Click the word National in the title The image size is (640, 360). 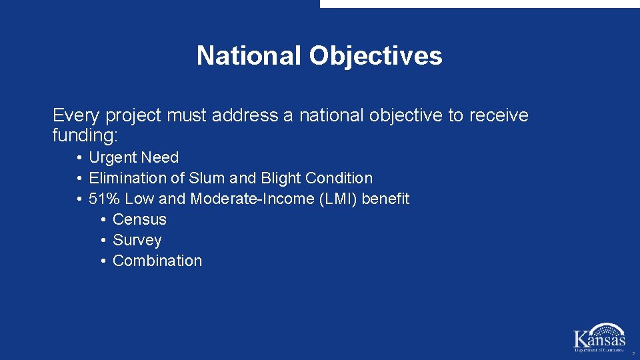[249, 56]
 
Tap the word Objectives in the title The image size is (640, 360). [375, 56]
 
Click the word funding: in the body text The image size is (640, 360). [85, 136]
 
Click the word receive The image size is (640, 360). [499, 115]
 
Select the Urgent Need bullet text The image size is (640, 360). [133, 158]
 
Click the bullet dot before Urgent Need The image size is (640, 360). [79, 158]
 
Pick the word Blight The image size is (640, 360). [279, 179]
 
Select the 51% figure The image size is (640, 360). [104, 199]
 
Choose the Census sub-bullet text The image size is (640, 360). [139, 220]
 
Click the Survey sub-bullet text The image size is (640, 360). [137, 241]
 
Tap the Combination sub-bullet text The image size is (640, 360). [157, 261]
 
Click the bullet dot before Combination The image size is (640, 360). [103, 261]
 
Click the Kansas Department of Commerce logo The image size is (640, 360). [599, 337]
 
